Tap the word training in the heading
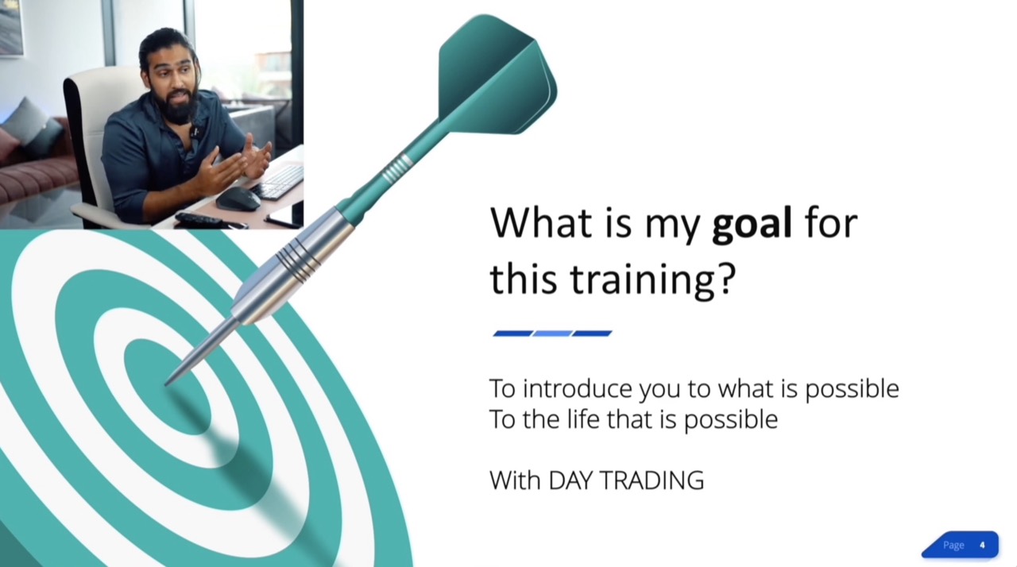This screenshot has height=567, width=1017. pos(644,280)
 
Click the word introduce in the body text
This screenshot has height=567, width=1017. pos(578,389)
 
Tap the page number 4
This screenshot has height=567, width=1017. pos(982,546)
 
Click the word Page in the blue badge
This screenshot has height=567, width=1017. pos(953,546)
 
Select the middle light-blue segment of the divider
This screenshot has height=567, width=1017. pos(552,334)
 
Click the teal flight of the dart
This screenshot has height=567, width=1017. pos(497,75)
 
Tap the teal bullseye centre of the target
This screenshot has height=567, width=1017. pos(168,387)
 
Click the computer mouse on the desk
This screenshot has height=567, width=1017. pos(238,199)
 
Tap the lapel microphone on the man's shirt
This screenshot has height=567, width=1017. pos(195,132)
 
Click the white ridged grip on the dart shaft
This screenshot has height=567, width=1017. pos(396,168)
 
